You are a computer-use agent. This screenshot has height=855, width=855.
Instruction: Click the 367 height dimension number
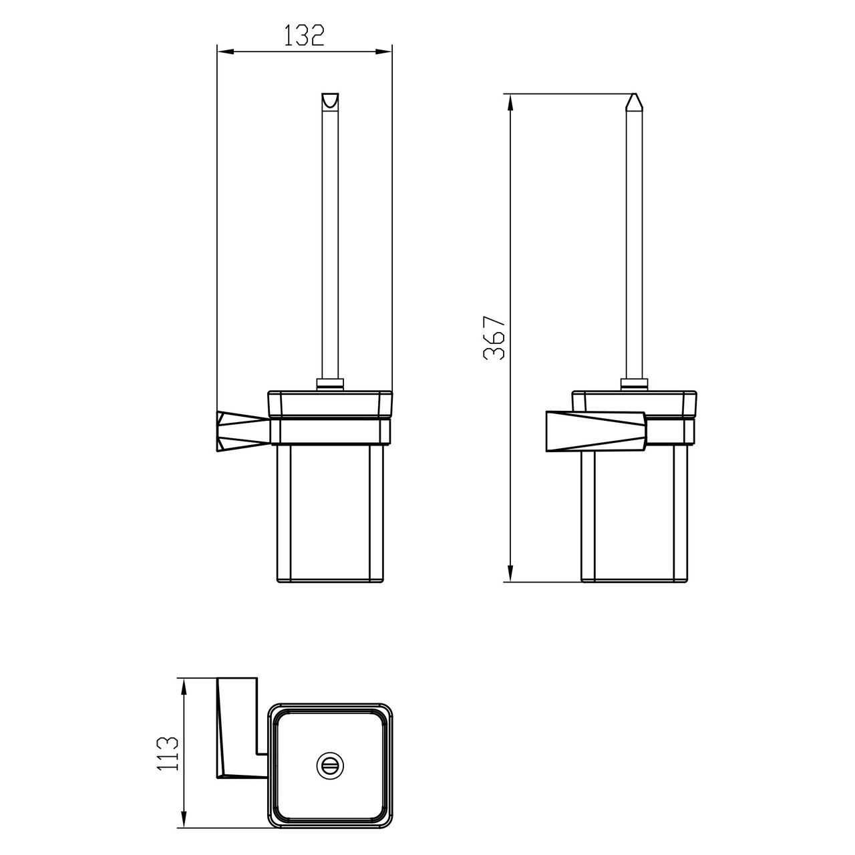[494, 337]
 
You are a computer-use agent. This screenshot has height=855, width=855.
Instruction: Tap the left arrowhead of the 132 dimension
[225, 52]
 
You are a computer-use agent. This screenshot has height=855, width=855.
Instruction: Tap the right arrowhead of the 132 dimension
[384, 52]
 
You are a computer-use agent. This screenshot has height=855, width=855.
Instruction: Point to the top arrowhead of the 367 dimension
[510, 102]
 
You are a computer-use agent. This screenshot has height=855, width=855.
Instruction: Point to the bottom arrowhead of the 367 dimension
[510, 573]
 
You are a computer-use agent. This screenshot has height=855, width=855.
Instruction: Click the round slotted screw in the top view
[330, 765]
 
